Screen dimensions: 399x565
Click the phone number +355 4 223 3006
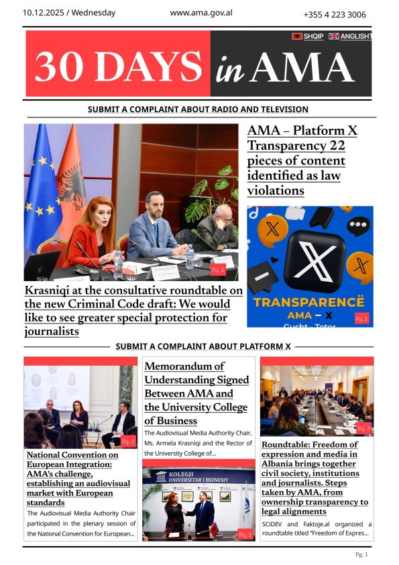(x=335, y=15)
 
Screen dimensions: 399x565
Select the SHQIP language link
(x=313, y=36)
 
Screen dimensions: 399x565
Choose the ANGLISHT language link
(x=355, y=36)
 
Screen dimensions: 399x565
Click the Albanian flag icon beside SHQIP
(x=296, y=36)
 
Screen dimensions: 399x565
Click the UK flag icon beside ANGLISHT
(x=333, y=36)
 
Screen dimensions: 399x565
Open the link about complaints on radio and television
(x=198, y=109)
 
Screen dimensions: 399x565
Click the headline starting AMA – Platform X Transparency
(x=302, y=160)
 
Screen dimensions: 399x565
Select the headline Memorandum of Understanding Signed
(x=196, y=393)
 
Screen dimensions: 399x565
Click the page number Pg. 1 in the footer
(x=362, y=554)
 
